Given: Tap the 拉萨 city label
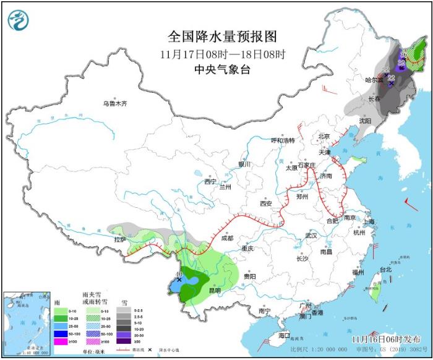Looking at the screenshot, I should coord(119,239).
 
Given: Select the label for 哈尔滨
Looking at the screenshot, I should coord(374,80).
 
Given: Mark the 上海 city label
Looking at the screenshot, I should coord(369,221).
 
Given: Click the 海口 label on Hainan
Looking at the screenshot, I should coord(284,335).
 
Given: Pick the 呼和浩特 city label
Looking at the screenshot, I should coord(284,140).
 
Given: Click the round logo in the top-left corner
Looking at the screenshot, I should coord(19,20).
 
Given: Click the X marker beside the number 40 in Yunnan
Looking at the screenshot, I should coord(179,280).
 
